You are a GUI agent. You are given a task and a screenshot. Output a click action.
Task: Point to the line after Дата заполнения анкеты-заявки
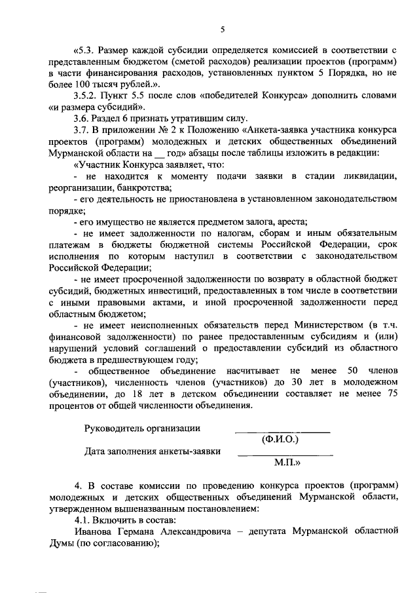point(285,455)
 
